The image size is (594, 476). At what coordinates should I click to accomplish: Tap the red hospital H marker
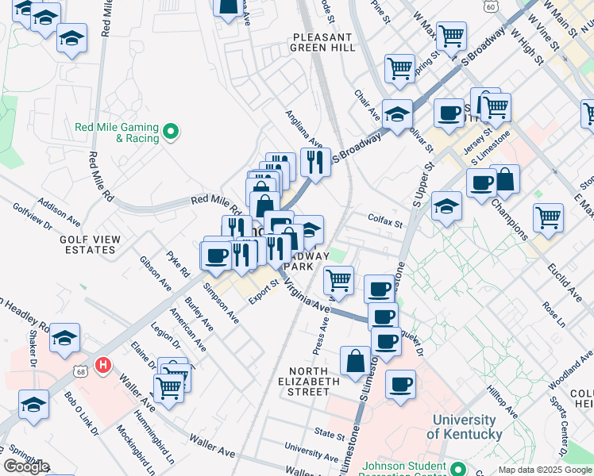tap(102, 366)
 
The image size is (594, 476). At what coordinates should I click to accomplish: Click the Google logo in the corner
tap(25, 466)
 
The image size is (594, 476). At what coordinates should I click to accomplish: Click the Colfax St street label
tap(386, 224)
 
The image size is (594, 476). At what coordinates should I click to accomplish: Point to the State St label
tap(330, 434)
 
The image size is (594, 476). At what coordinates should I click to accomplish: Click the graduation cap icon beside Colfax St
tap(447, 207)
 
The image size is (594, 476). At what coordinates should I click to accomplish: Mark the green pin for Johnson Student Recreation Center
tap(456, 468)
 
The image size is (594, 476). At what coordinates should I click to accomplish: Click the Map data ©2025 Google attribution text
tap(546, 470)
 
